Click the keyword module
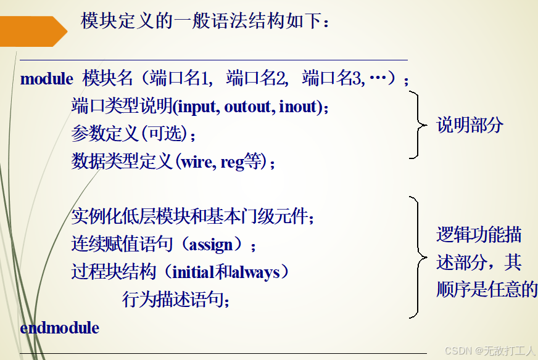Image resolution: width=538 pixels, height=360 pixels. pyautogui.click(x=46, y=79)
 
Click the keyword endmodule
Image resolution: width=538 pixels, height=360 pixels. pyautogui.click(x=59, y=328)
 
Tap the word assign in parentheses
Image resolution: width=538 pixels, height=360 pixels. pyautogui.click(x=211, y=245)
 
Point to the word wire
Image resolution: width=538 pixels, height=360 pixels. pyautogui.click(x=195, y=162)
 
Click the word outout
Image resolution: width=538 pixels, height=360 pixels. pyautogui.click(x=248, y=107)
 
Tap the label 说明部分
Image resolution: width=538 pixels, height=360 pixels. pyautogui.click(x=470, y=125)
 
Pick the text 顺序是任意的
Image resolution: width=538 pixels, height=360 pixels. pyautogui.click(x=486, y=290)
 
